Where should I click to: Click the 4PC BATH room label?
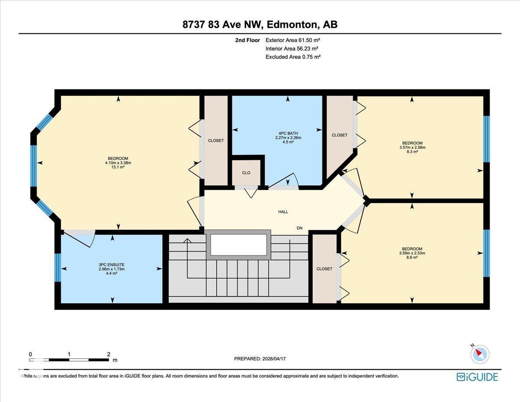288,133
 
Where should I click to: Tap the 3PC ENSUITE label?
112,265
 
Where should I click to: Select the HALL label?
283,212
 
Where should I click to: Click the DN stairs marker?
299,228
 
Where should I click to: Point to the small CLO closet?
246,173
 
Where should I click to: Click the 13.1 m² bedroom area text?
118,167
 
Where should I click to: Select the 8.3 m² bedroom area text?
412,152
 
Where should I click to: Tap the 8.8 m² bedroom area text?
412,257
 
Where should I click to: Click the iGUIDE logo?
477,377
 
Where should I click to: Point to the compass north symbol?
480,354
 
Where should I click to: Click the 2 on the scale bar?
108,354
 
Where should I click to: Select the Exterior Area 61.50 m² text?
292,40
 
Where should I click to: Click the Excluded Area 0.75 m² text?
292,57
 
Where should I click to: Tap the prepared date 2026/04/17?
275,359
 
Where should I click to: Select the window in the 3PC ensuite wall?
58,268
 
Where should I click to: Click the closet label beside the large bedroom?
216,141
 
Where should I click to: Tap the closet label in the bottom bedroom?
324,269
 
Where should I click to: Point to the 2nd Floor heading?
247,40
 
